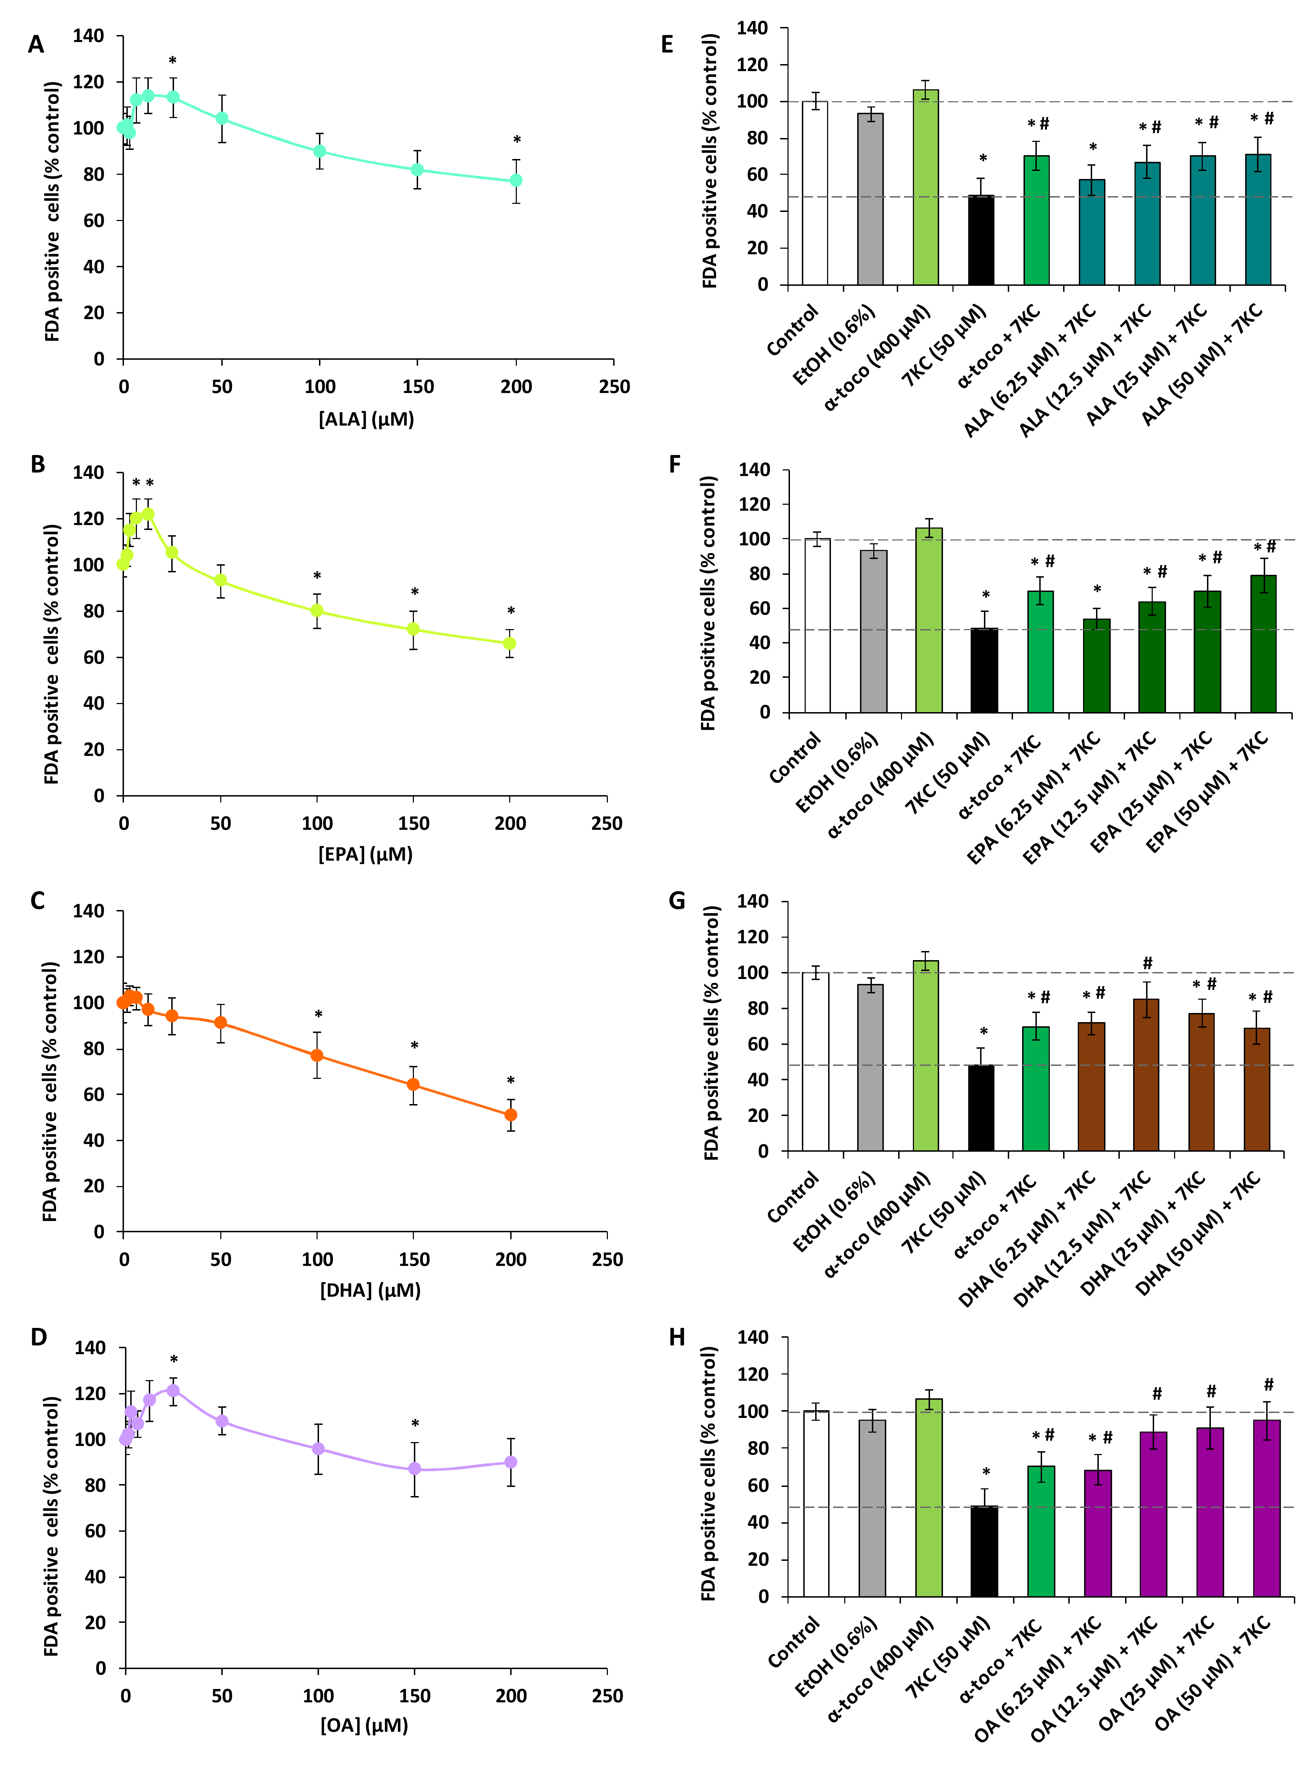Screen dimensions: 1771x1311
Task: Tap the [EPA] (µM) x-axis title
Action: pyautogui.click(x=365, y=854)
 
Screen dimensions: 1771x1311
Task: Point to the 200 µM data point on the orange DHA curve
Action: pyautogui.click(x=510, y=1115)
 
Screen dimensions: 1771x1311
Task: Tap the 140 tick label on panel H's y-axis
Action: pyautogui.click(x=753, y=1338)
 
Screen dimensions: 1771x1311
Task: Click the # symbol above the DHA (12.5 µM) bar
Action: pyautogui.click(x=1147, y=963)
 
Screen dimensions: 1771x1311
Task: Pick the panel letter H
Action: pyautogui.click(x=677, y=1338)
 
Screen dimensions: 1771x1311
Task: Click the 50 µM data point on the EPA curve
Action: pyautogui.click(x=221, y=580)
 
